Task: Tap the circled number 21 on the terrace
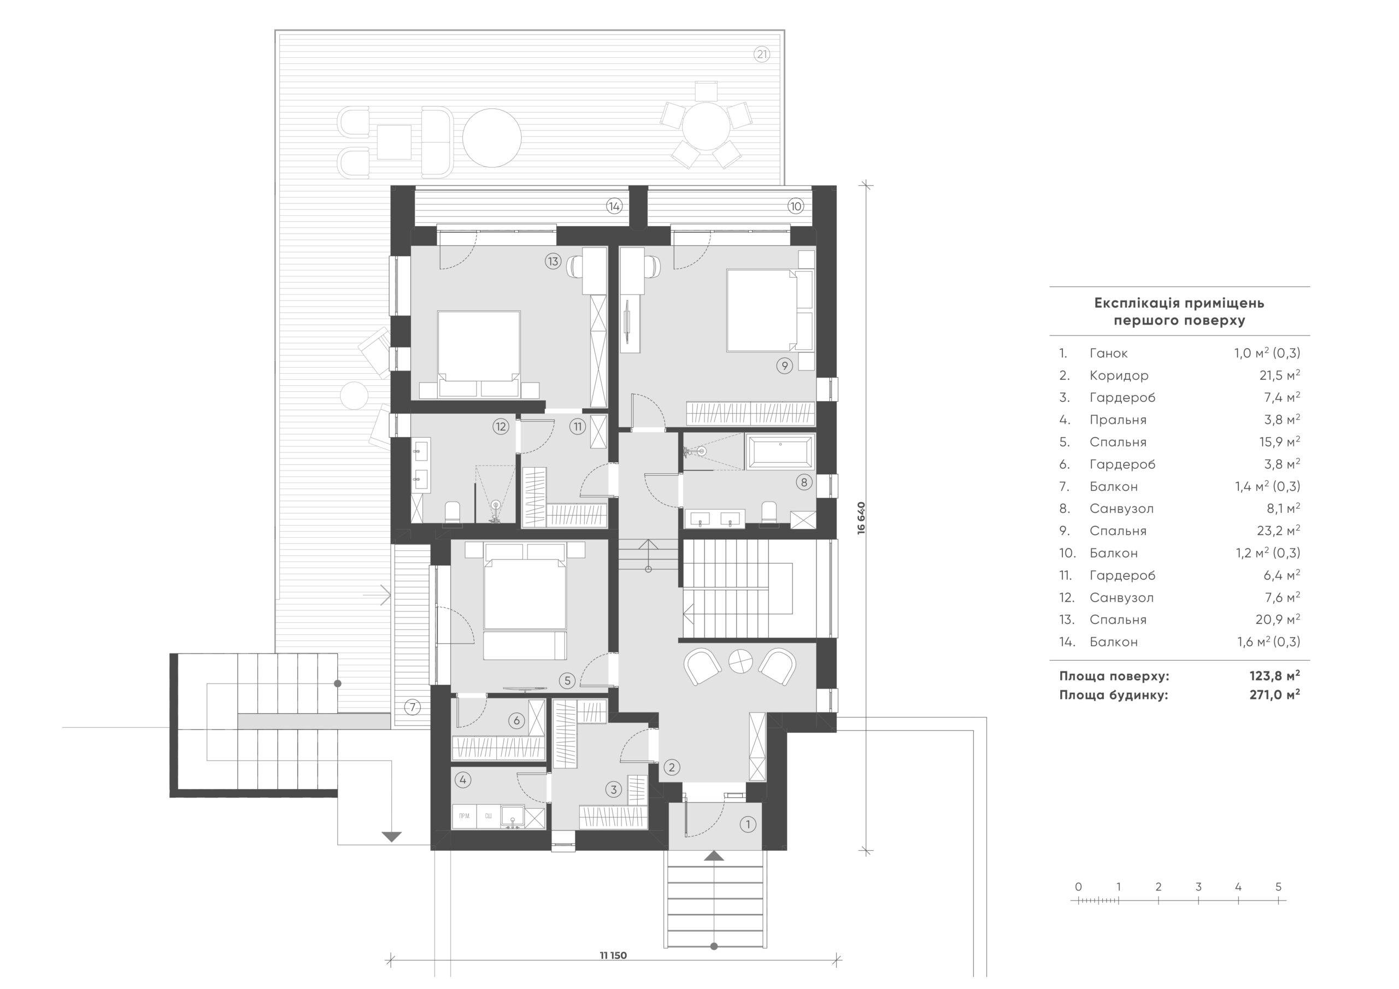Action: coord(762,55)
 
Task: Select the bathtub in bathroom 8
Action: coord(780,451)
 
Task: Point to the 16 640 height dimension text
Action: coord(861,518)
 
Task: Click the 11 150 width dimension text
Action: coord(613,956)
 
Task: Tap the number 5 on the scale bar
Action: coord(1278,887)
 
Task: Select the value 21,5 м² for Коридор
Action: coord(1279,375)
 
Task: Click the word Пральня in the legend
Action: coord(1118,420)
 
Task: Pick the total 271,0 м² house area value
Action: coord(1275,694)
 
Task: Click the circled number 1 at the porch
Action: coord(747,825)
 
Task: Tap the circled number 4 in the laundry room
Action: coord(463,779)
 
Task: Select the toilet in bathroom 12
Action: coord(452,513)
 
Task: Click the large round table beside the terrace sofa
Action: coord(492,137)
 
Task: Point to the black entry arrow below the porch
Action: coord(714,856)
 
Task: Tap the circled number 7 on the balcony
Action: coord(413,708)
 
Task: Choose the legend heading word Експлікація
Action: coord(1133,303)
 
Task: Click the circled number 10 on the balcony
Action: coord(795,206)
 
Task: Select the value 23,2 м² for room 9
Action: coord(1278,531)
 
